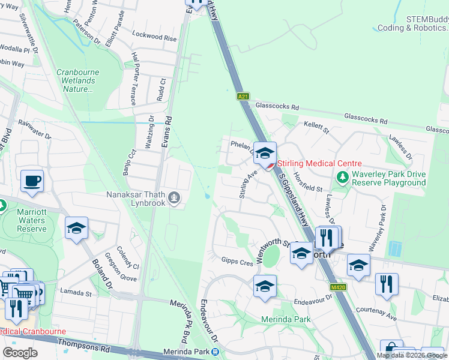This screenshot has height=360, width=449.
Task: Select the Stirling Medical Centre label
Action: (x=319, y=163)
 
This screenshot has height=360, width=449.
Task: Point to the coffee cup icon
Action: (x=32, y=181)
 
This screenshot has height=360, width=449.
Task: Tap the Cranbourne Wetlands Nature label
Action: (x=78, y=80)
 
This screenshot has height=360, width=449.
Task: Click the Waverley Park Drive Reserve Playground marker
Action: (x=342, y=177)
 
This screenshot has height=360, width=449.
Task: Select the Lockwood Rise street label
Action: (x=155, y=37)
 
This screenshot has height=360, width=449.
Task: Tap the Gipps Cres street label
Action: (x=237, y=262)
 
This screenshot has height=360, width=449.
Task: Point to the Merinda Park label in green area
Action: (x=286, y=319)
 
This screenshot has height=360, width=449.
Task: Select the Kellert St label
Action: (x=317, y=129)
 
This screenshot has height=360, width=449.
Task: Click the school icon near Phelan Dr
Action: (x=264, y=153)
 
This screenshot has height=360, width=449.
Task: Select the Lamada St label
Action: (x=76, y=293)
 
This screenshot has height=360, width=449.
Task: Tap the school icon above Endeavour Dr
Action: (x=265, y=287)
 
